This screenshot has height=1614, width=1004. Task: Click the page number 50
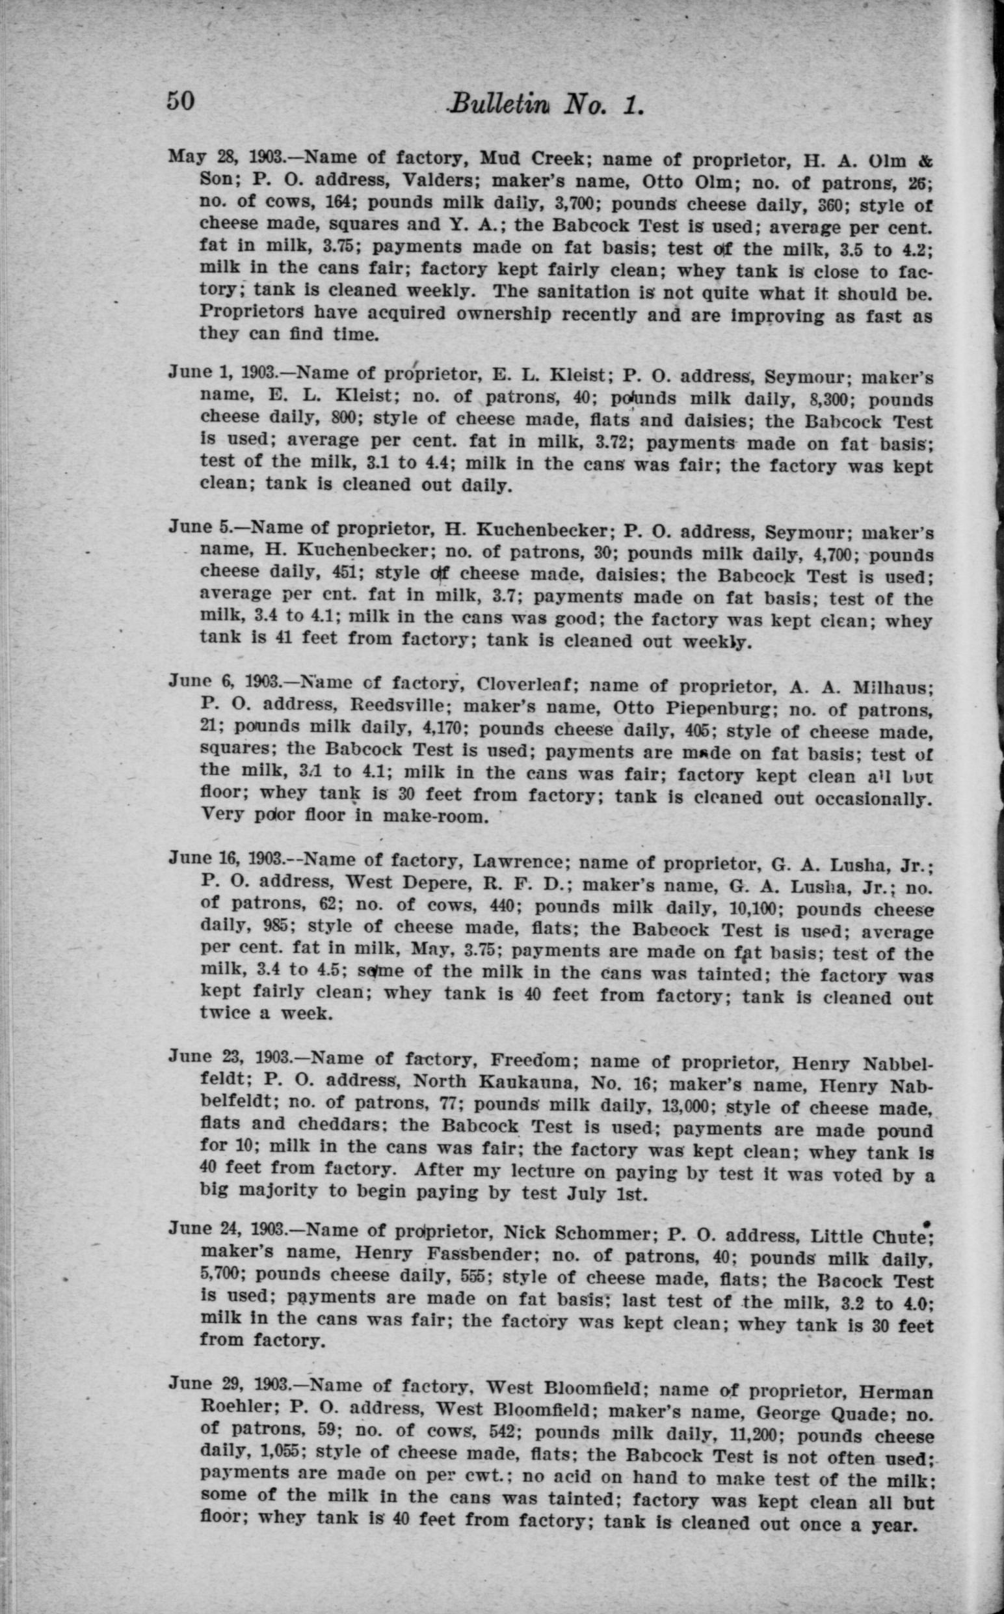(x=180, y=101)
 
